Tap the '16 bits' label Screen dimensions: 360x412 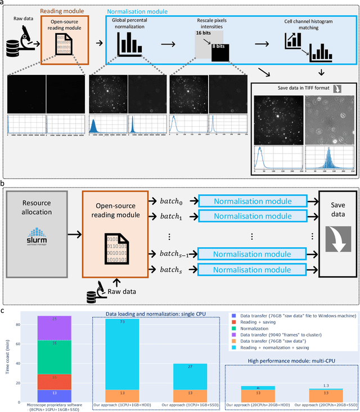click(204, 33)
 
